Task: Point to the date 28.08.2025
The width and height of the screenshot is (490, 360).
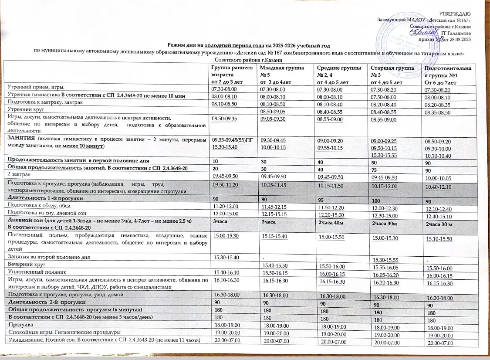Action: point(460,39)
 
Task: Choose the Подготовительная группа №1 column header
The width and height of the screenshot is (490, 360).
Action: point(446,74)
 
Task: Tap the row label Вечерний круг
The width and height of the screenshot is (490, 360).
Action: point(20,265)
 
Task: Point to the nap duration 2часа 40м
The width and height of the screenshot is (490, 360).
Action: point(331,222)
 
